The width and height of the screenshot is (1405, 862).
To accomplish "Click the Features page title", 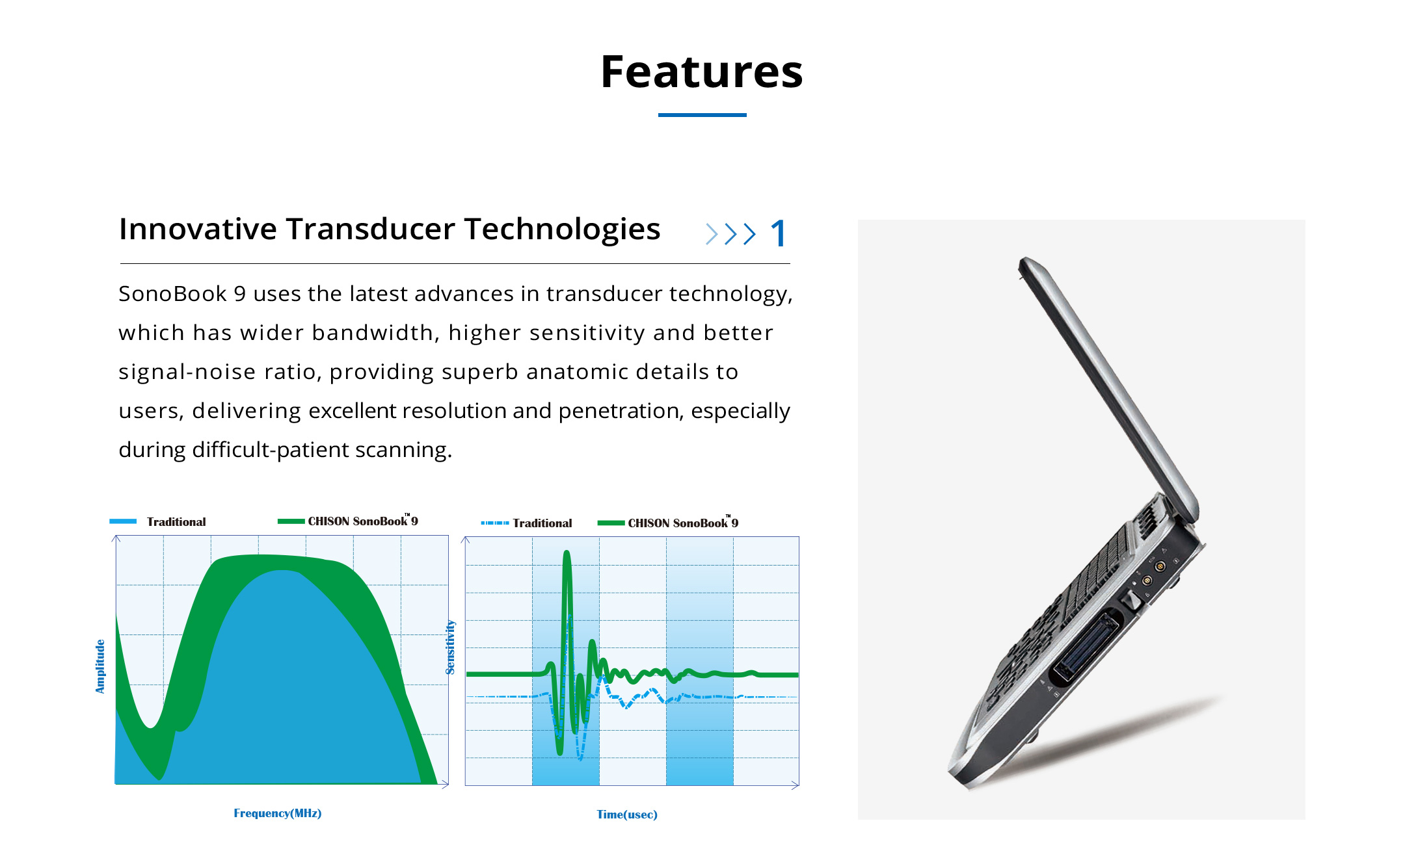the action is (701, 72).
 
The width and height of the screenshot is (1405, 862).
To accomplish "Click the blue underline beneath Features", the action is (702, 115).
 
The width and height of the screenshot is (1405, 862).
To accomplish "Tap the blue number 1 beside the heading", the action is (779, 233).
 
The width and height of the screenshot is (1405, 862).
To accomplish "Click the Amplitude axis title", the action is (100, 666).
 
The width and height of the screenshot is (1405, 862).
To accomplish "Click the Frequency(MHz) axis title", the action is (278, 813).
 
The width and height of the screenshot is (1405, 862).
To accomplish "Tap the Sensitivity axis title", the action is (450, 647).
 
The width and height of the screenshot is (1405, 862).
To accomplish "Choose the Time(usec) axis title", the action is (627, 815).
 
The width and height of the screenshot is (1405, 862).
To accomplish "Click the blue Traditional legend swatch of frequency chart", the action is (123, 521).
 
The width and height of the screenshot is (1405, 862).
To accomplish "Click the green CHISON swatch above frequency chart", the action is (291, 521).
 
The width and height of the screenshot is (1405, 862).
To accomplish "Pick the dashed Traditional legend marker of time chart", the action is (495, 523).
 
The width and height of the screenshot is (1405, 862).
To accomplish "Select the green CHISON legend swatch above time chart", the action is (611, 523).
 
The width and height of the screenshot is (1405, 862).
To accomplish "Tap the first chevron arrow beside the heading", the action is (712, 234).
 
